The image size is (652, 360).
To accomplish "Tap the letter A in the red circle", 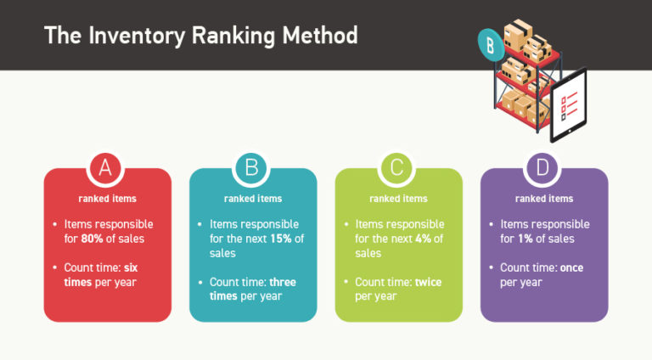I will click(x=106, y=167).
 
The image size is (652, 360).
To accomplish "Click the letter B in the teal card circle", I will click(x=251, y=167).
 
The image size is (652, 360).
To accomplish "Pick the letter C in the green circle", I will click(x=397, y=167).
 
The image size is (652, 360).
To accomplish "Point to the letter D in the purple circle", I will click(x=543, y=167).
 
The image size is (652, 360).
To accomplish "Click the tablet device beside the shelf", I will click(x=568, y=104).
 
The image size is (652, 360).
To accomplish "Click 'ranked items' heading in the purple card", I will click(x=544, y=199).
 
